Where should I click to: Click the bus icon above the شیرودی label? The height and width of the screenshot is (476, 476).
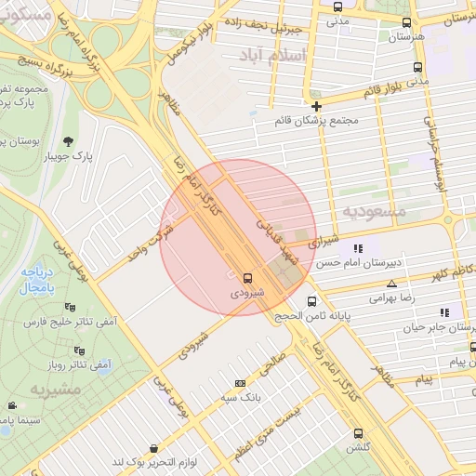(247, 277)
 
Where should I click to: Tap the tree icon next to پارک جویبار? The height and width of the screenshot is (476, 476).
(69, 141)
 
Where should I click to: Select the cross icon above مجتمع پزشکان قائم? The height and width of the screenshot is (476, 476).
(316, 106)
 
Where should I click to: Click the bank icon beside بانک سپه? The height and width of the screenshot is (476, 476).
(240, 383)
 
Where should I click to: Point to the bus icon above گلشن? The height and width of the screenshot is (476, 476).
(359, 432)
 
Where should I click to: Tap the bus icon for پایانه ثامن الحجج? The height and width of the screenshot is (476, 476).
(311, 301)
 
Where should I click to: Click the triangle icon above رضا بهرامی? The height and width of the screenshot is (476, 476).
(391, 284)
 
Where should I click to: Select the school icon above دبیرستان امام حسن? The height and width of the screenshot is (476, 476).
(357, 248)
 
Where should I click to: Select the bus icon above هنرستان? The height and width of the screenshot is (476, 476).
(405, 23)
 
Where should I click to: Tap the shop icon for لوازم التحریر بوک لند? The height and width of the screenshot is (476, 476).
(153, 449)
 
